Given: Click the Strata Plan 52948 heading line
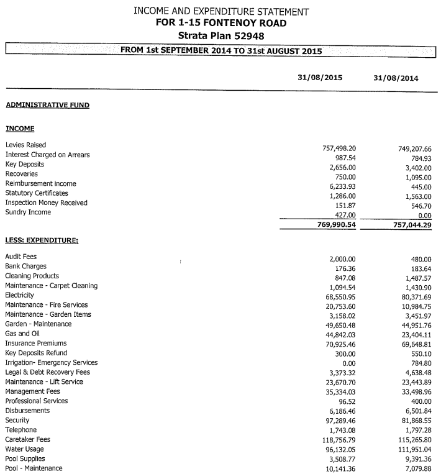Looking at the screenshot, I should point(220,35).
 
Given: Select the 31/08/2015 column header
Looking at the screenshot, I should point(320,78).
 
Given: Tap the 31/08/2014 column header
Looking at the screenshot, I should point(396,78).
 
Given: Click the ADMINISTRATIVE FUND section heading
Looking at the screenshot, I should point(47,105).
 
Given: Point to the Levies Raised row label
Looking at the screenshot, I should point(25,145).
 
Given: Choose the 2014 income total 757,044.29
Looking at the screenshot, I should point(408,224).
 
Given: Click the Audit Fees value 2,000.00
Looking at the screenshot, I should point(341,258).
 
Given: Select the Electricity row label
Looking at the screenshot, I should point(19,295).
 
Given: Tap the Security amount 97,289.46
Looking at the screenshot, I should point(339,421).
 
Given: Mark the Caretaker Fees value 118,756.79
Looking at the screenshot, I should point(337,440).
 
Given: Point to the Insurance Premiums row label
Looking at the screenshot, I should point(35,343).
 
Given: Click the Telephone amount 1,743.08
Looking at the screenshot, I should point(342,430).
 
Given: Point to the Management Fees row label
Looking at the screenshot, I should point(32,391).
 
